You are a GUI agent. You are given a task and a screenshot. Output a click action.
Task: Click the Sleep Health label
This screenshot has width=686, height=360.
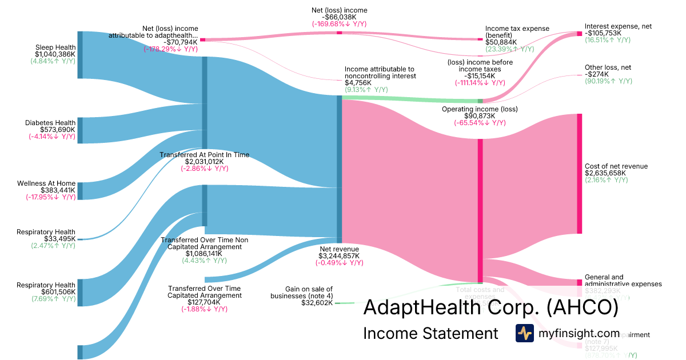point(55,47)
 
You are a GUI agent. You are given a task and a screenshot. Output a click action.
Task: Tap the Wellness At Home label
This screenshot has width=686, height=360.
point(46,183)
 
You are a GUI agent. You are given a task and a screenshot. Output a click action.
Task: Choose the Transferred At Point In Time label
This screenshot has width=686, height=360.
point(205,155)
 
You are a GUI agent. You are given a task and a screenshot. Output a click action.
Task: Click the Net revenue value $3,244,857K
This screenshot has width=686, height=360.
point(339,256)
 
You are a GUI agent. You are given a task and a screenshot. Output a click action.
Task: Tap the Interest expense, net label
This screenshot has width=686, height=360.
point(618,26)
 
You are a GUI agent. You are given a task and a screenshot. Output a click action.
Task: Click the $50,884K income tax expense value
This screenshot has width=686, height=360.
point(501,42)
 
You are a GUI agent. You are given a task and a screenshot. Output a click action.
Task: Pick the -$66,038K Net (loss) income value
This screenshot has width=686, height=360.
point(340,17)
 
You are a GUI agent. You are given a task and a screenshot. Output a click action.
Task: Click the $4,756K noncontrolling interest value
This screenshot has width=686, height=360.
point(358,83)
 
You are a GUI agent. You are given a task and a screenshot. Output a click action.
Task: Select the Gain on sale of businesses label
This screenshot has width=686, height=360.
point(309,293)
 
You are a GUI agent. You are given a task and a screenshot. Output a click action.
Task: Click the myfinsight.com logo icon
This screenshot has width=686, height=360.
point(524,333)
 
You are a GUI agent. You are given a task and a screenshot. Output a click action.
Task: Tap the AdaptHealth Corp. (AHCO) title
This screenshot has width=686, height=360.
point(491,308)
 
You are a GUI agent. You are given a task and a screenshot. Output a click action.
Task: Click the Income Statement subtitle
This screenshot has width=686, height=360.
point(430,333)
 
